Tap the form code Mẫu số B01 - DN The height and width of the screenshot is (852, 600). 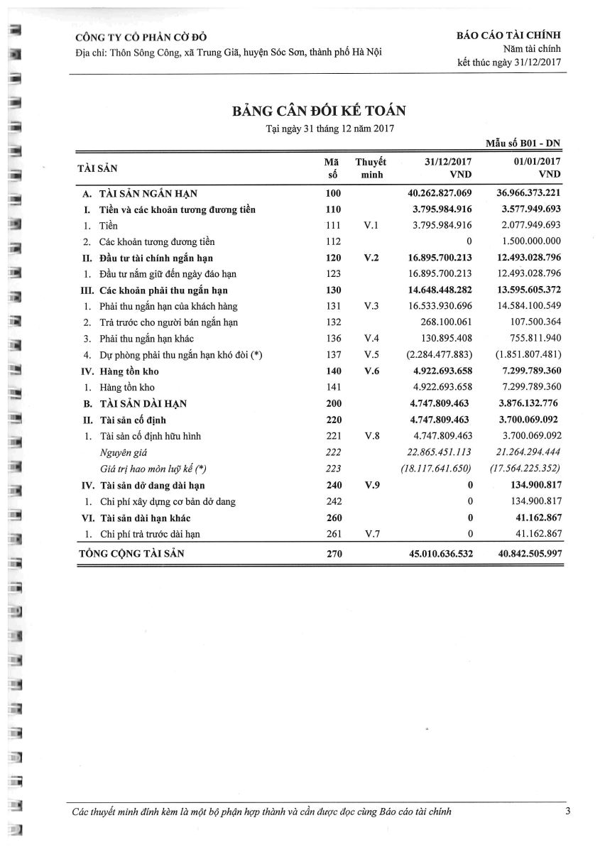click(523, 143)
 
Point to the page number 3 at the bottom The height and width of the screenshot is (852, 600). click(568, 812)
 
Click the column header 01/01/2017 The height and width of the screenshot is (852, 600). click(536, 162)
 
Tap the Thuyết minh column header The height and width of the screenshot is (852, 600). click(371, 168)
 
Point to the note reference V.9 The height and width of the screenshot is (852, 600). click(371, 486)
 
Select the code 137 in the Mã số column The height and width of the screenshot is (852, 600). click(334, 355)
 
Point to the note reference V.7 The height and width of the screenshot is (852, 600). click(371, 534)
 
